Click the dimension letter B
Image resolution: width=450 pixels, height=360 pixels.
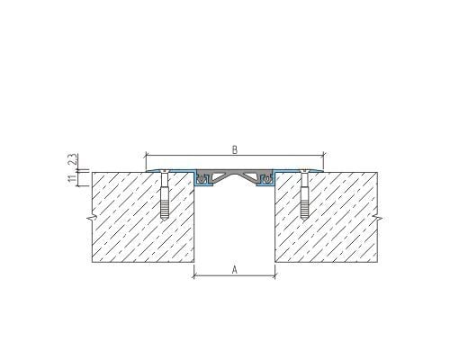[x=235, y=149]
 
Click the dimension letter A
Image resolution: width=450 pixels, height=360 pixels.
[x=235, y=270]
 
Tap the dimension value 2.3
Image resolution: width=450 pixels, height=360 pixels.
[x=72, y=159]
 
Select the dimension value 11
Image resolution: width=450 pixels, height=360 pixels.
[x=72, y=178]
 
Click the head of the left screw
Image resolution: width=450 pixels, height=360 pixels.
[x=164, y=171]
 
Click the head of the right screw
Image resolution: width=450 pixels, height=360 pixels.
[x=304, y=171]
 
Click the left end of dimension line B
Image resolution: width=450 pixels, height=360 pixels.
[x=146, y=156]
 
